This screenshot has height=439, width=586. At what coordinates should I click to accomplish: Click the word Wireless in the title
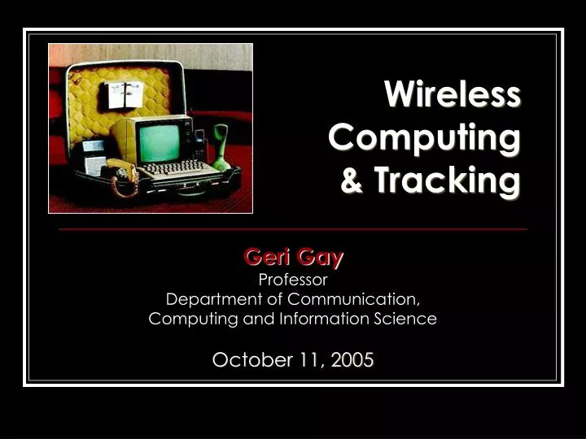453,94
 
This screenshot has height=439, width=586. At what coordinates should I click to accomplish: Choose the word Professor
292,280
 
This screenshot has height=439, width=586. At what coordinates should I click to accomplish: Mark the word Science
407,319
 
